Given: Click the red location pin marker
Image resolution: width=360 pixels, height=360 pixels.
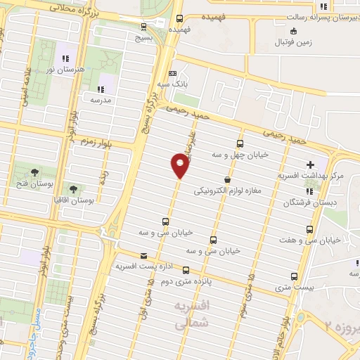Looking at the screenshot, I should (180, 166).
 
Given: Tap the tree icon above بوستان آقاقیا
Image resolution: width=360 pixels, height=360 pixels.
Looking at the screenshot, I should (73, 188).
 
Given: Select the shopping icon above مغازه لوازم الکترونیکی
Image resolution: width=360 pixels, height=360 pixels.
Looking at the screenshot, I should (226, 179).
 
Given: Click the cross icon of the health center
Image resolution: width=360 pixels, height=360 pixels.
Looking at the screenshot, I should (311, 164).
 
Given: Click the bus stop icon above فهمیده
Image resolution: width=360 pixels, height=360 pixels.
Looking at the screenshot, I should (180, 19).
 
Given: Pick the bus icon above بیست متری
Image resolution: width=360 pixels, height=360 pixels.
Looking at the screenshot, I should (294, 276).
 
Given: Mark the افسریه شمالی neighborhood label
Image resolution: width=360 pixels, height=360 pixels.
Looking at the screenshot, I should (191, 315).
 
